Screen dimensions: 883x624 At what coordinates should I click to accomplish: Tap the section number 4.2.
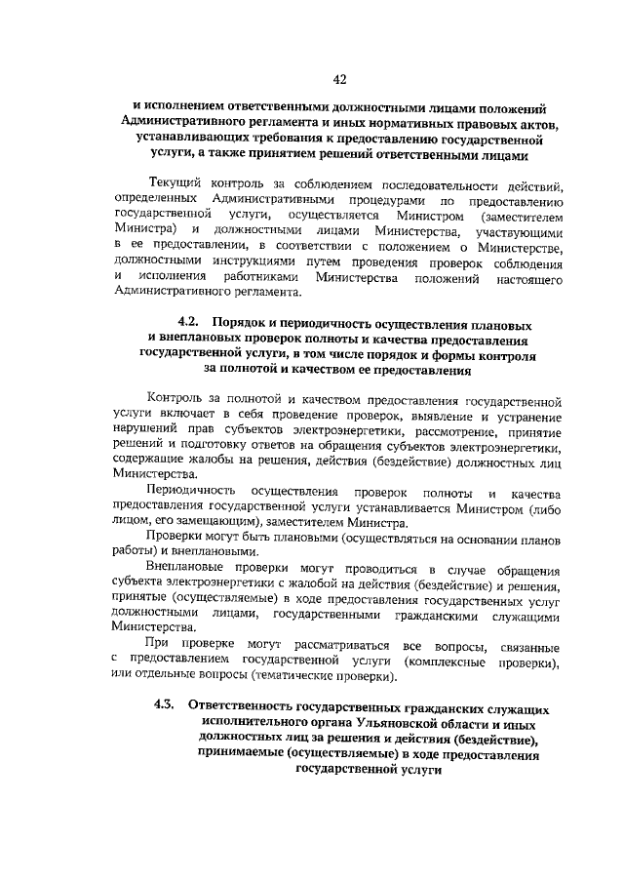(x=188, y=322)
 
